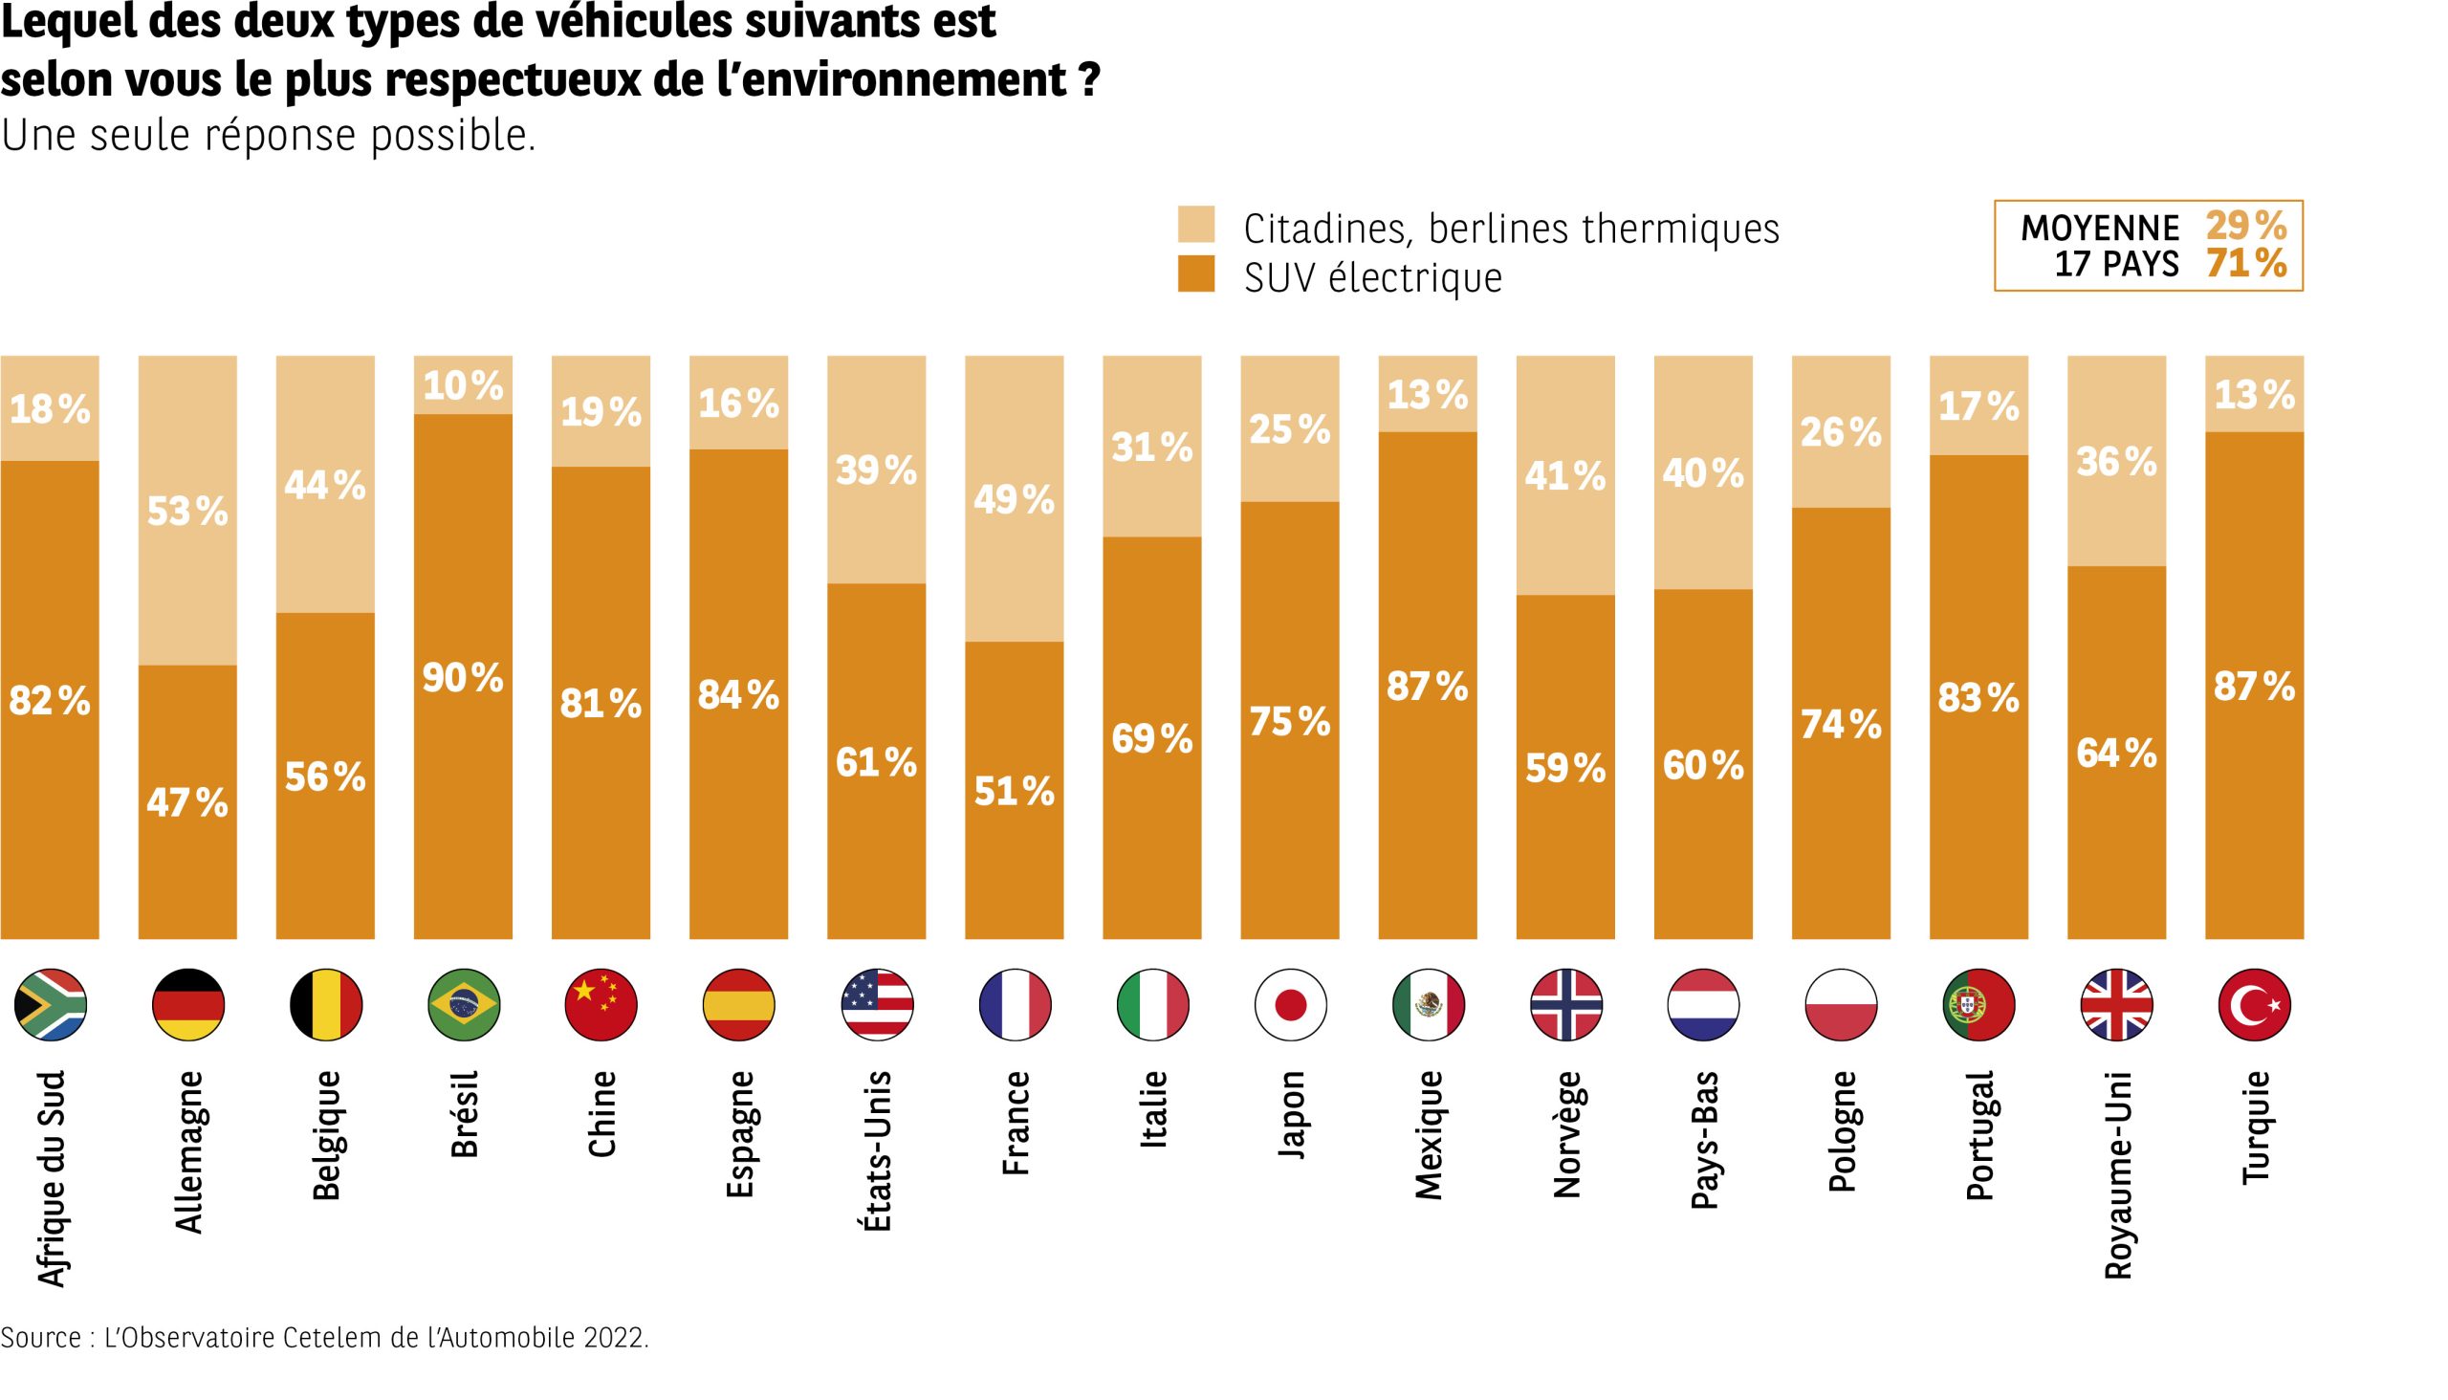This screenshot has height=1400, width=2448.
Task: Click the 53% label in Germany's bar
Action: coord(187,512)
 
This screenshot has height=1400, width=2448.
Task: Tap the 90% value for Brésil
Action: coord(463,679)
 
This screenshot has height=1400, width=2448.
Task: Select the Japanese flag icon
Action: coord(1290,1005)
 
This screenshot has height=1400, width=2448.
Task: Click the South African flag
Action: coord(50,1005)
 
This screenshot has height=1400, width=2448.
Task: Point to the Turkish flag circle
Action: coord(2254,1005)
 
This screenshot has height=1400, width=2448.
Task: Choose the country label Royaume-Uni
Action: coord(2117,1175)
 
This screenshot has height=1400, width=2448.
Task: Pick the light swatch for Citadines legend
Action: coord(1196,224)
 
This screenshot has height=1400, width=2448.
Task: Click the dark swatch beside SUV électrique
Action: coord(1196,274)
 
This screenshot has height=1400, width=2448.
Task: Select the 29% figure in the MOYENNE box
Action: coord(2246,227)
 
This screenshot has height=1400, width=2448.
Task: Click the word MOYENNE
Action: coord(2100,229)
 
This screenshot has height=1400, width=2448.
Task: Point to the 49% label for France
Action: coord(1015,500)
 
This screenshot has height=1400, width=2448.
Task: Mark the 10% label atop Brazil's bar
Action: coord(463,386)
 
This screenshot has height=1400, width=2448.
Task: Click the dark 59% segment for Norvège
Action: coord(1565,768)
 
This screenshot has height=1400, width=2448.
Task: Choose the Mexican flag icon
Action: coord(1428,1005)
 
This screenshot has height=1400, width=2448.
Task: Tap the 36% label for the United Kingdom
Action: coord(2116,463)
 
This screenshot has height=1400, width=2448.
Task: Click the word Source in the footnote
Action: coord(41,1338)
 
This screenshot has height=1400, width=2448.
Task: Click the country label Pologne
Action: coord(1842,1131)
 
